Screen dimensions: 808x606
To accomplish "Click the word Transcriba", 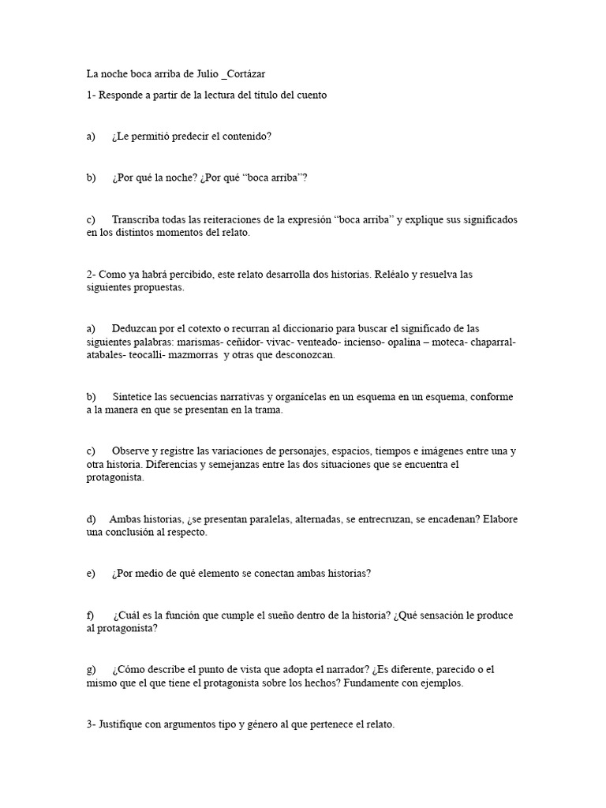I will [136, 219].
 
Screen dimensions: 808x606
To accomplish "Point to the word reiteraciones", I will [213, 219].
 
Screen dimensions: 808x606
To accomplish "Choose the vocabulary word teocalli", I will [151, 355].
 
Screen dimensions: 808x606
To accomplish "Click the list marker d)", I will [92, 519].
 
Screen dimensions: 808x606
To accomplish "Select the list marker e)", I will [91, 574].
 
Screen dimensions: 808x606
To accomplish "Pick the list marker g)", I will [92, 670].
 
